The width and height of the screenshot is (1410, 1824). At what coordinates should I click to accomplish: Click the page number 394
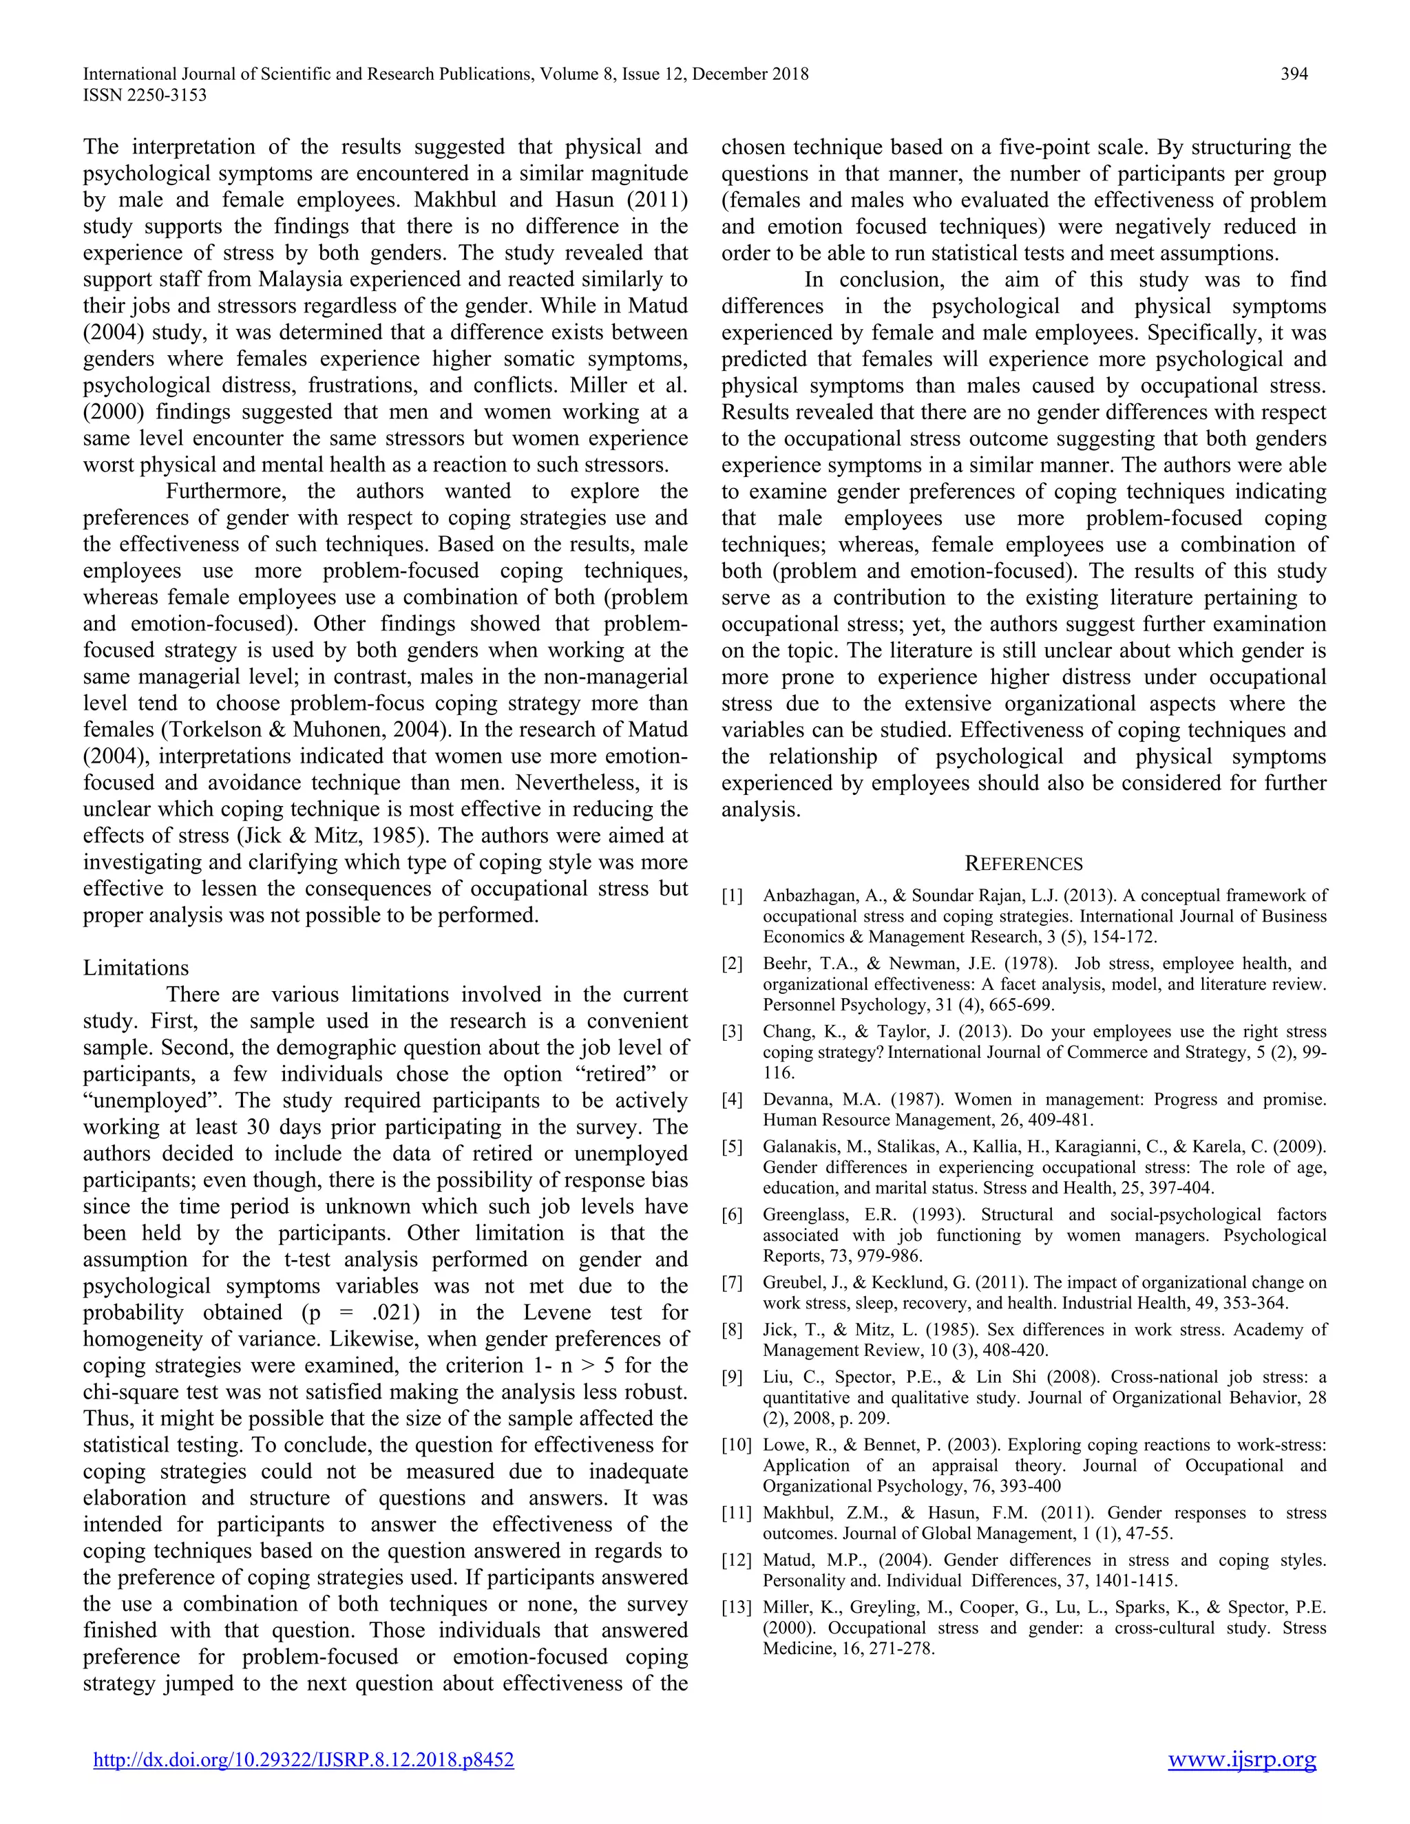1294,74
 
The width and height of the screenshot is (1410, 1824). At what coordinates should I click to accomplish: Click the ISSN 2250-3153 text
145,95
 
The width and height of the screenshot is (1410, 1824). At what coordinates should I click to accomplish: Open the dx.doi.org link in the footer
303,1760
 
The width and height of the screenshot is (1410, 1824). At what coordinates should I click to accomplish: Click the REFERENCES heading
1023,864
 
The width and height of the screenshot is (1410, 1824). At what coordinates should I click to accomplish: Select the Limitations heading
136,968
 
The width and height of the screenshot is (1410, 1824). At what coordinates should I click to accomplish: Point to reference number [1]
732,896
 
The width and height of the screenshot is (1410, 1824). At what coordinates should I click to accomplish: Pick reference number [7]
732,1282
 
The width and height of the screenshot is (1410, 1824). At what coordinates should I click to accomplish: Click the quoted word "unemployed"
144,1101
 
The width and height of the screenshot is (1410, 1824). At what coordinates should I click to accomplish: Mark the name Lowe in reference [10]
783,1445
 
